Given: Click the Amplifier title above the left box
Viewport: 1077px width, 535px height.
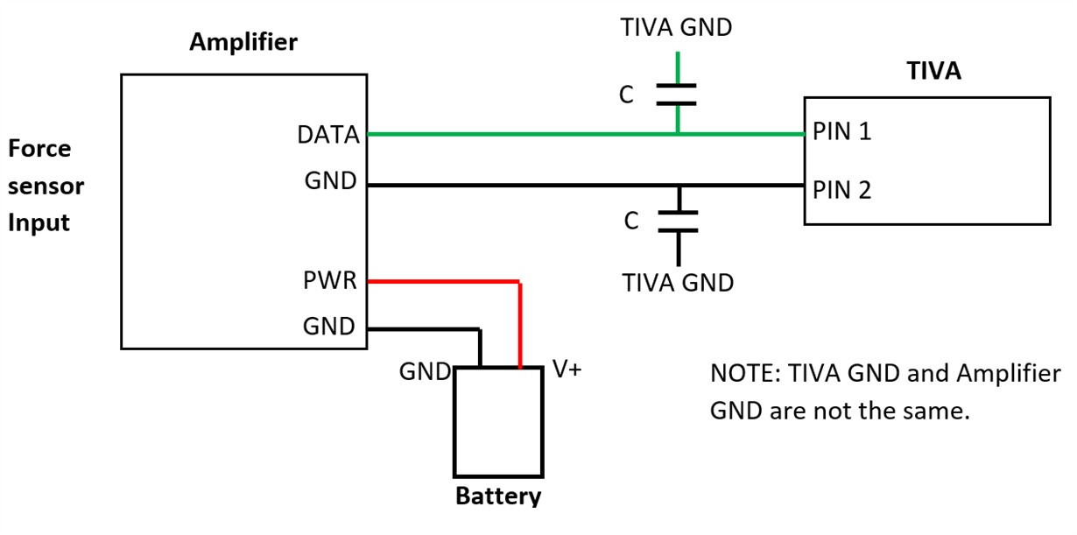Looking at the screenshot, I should tap(243, 42).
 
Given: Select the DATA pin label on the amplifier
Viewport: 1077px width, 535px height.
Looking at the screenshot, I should tap(328, 135).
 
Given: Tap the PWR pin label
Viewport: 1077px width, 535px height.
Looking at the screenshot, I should tap(329, 282).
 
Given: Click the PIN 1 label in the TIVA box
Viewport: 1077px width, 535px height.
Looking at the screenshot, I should tap(841, 133).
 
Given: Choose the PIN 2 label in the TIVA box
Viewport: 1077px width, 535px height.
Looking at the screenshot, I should tap(842, 189).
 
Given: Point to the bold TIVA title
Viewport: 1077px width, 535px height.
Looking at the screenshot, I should tap(933, 71).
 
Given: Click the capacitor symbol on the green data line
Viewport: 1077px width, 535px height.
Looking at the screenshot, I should tap(677, 95).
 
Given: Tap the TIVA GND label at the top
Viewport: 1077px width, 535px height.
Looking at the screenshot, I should tap(677, 28).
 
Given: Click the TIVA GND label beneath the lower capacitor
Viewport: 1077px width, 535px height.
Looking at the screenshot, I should tap(678, 283).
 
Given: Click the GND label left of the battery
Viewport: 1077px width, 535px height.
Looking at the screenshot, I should tap(425, 371).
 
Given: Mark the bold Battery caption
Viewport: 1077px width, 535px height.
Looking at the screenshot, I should tap(498, 496).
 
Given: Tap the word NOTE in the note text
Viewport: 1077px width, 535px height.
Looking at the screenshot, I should tap(743, 374).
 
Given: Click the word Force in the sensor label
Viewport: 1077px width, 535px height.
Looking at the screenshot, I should tap(40, 149).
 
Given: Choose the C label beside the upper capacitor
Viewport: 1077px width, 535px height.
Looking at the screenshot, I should tap(626, 95).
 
